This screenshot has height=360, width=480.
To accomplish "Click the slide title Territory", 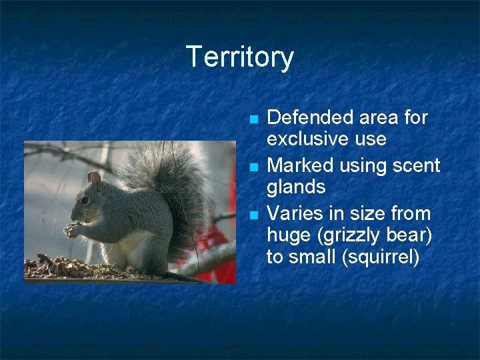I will tap(239, 57).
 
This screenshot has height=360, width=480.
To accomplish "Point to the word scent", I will tap(417, 165).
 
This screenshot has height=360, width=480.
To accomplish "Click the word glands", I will tap(296, 187).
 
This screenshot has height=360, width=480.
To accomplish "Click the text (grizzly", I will tap(339, 235).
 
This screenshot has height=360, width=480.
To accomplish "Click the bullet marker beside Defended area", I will tap(253, 120).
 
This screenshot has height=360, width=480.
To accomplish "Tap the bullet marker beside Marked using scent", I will tap(253, 167).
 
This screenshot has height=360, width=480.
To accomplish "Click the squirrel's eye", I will tap(85, 200).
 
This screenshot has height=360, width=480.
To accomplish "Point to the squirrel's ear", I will tap(95, 178).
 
